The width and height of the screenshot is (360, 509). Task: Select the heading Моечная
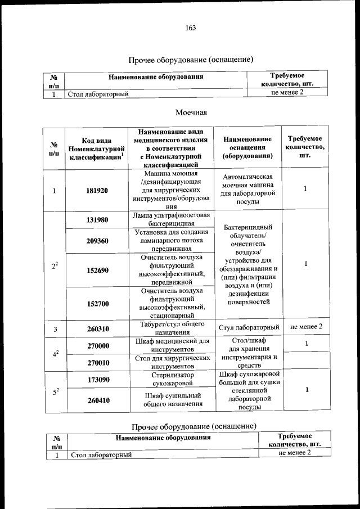click(x=191, y=112)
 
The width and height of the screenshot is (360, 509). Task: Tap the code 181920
click(x=97, y=191)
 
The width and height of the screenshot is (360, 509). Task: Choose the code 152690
click(x=97, y=270)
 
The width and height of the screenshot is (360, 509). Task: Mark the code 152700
click(x=97, y=304)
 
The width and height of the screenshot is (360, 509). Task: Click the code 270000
click(x=97, y=346)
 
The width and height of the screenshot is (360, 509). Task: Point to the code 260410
click(x=97, y=401)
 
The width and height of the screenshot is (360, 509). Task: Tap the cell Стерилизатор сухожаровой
click(x=172, y=380)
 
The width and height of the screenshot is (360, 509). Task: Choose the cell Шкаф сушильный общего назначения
click(x=172, y=400)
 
